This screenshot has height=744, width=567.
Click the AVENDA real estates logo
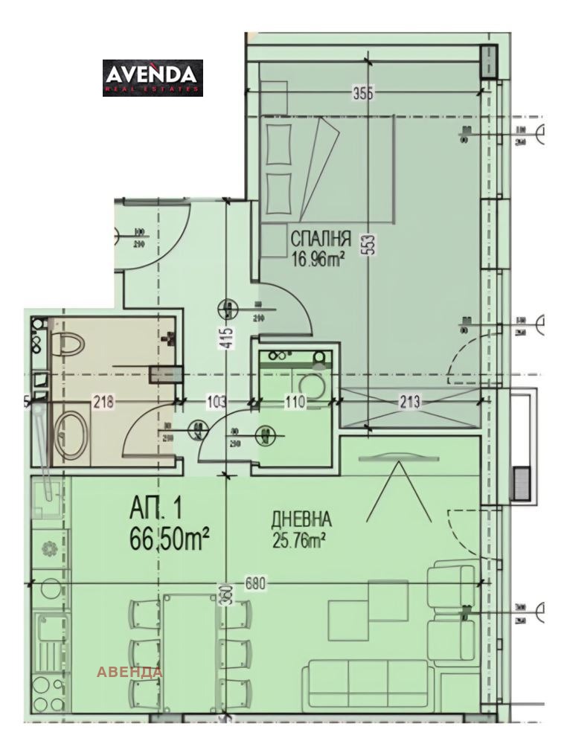pos(153,78)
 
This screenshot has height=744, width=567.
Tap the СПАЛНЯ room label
pos(320,240)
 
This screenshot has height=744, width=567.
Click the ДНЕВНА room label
pos(301,519)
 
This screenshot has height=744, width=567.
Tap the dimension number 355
pos(363,93)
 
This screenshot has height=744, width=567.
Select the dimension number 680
pos(254,583)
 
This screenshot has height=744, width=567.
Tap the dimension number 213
pos(409,403)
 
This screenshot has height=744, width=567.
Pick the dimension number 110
pos(295,403)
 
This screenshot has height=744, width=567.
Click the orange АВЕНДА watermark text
pos(129,672)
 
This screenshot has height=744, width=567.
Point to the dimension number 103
pos(216,403)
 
